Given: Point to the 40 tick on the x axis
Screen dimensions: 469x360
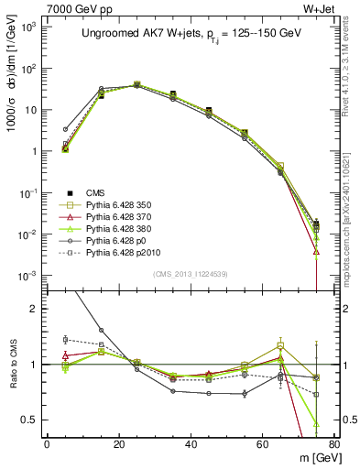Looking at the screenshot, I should (191, 443).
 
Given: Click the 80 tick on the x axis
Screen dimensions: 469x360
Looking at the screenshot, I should (333, 443).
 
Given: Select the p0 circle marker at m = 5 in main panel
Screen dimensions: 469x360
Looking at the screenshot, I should (65, 129).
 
